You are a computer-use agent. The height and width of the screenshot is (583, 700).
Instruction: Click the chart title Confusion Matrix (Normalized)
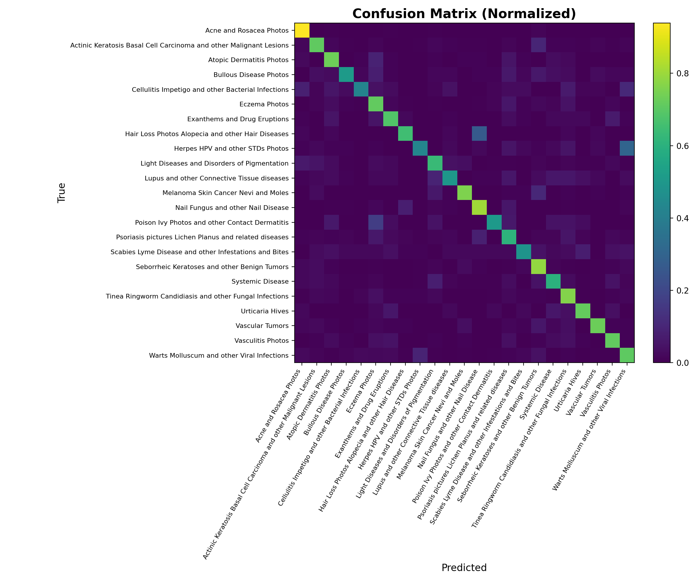464,14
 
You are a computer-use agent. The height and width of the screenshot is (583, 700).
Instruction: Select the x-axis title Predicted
464,567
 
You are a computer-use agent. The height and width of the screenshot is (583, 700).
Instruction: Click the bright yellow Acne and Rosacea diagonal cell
302,31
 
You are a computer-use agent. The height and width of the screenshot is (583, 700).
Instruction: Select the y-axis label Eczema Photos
264,104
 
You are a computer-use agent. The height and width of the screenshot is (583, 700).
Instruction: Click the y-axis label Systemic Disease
260,282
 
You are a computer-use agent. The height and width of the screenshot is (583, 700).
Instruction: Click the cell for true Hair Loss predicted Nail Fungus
479,134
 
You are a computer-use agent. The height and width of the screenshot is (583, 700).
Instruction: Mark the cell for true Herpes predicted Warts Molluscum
627,149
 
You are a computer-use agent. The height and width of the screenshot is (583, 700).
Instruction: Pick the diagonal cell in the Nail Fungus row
479,208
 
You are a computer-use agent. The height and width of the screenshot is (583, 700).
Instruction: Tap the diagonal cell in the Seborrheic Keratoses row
538,266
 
